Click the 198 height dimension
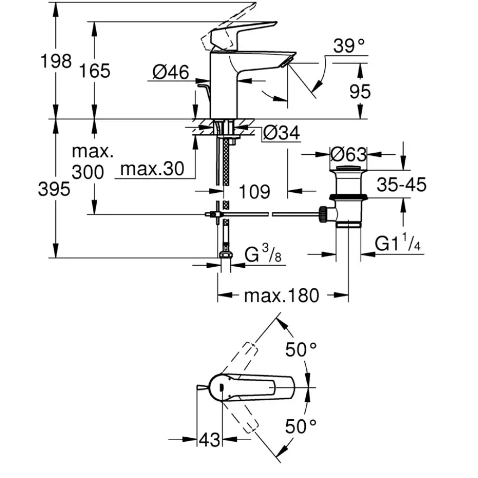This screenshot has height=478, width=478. (56, 61)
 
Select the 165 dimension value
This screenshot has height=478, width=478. (95, 71)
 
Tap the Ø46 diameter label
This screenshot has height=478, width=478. (171, 72)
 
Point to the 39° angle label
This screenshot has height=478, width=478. (349, 46)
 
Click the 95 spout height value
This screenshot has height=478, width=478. (360, 91)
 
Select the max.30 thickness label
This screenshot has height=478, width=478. (153, 168)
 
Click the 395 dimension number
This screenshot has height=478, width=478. (54, 189)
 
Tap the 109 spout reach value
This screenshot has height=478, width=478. (255, 192)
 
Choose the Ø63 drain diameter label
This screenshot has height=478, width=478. (348, 154)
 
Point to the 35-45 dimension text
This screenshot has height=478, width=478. (401, 185)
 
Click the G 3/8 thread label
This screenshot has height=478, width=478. (263, 254)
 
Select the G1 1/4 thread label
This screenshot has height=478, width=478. (398, 242)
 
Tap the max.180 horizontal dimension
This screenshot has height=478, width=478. (282, 295)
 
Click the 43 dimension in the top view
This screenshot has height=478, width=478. (210, 440)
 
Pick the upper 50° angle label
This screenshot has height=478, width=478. (301, 350)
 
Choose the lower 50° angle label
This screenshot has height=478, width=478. (301, 426)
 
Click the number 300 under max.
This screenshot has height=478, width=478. (88, 172)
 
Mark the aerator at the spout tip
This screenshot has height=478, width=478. (288, 62)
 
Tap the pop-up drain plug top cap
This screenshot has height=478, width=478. (348, 168)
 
